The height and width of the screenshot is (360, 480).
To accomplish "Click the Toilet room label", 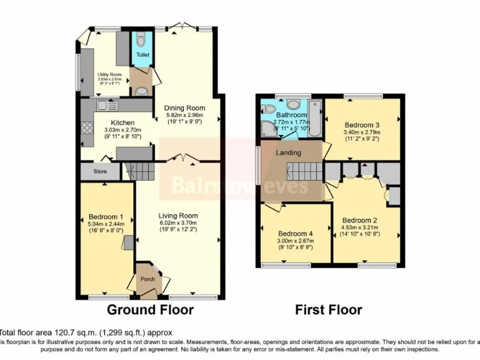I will tap(142, 55).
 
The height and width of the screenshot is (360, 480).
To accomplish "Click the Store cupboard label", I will tap(100, 171).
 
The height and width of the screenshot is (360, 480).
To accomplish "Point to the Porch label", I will tap(147, 279).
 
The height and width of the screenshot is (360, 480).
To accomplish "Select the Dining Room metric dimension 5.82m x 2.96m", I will tap(185, 116).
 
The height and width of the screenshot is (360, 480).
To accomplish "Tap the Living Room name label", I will tap(177, 215).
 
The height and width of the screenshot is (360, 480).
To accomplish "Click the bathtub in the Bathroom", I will tap(314, 118).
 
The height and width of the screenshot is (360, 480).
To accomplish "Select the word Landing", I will tap(288, 152).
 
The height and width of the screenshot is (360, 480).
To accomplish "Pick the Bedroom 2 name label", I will tap(359, 220).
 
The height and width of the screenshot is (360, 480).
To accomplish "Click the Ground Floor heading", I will tap(150, 309).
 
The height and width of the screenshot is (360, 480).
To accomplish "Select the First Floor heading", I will tap(328, 309).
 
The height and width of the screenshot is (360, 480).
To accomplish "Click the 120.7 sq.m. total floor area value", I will tap(76, 333).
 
